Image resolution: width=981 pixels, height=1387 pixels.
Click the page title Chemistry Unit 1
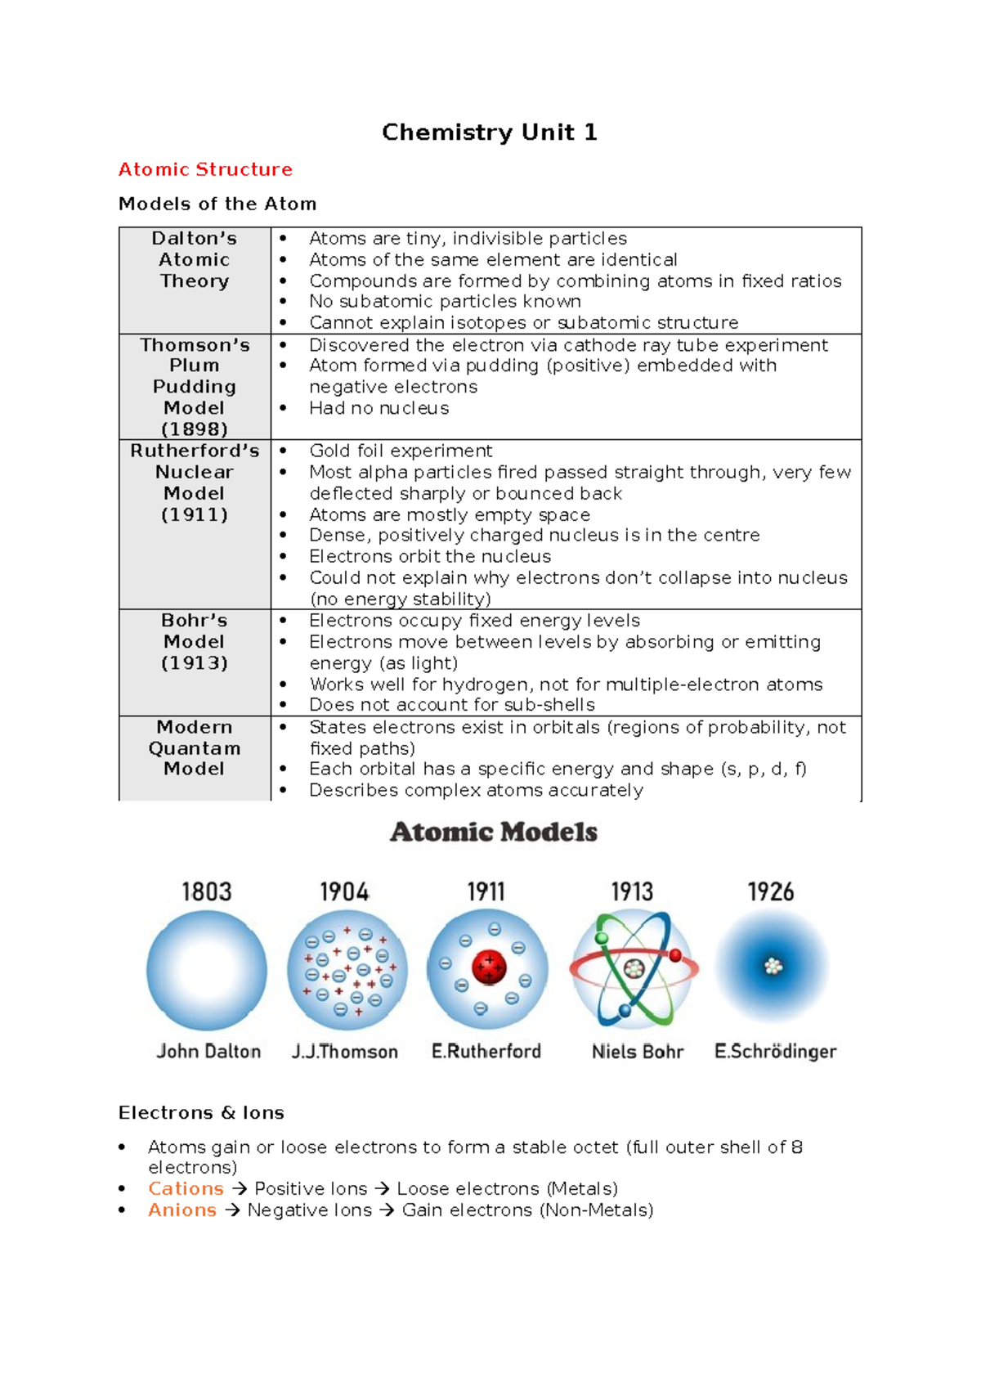point(489,132)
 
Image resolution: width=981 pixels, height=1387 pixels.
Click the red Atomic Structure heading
point(205,169)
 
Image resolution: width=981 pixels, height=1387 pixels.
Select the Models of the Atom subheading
point(217,204)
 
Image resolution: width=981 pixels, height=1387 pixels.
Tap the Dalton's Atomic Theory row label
point(195,259)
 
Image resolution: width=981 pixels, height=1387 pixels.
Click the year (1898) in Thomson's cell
point(195,429)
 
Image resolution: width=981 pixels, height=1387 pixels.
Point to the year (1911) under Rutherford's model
point(195,514)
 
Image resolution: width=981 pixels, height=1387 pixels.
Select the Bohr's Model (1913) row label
point(195,641)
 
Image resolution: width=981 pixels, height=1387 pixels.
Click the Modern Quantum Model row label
point(195,747)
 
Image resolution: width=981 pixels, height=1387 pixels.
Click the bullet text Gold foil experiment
point(401,451)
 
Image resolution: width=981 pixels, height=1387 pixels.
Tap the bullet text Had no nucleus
point(379,408)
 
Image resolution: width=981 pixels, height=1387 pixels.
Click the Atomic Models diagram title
point(494,833)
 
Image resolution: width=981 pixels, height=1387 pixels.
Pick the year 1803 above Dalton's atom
point(207,891)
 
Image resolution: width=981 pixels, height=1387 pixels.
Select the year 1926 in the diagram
point(771,891)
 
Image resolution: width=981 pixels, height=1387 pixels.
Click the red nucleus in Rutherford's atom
point(489,967)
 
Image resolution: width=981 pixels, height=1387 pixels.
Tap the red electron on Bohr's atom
point(675,955)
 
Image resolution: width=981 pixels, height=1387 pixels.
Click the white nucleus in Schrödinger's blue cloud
point(773,967)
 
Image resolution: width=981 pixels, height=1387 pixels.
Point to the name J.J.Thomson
point(345,1052)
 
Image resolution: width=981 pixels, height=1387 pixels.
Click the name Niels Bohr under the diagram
point(637,1052)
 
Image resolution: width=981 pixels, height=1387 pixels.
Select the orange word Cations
point(186,1188)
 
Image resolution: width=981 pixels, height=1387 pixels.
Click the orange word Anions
point(182,1210)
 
